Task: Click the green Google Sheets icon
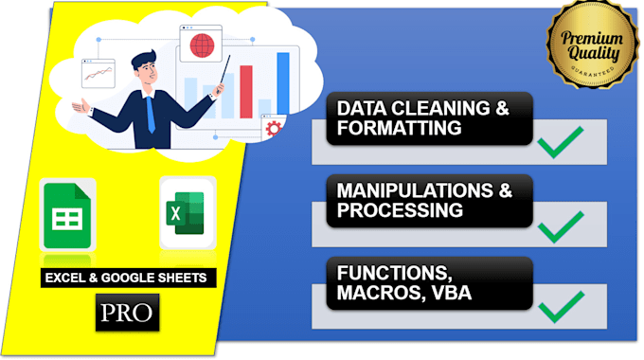[x=67, y=216]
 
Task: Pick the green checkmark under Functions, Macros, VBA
[x=559, y=308]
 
